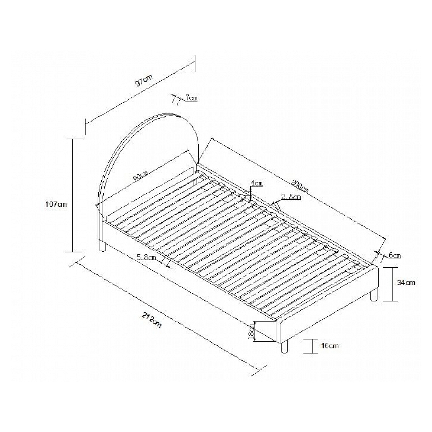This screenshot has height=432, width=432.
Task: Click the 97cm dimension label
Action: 144,80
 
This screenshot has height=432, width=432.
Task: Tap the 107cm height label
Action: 56,204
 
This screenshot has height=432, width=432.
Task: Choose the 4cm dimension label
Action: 256,183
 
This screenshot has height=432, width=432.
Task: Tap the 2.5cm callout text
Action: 291,197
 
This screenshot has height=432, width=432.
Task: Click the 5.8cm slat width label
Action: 146,257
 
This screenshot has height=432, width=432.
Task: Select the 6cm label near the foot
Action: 395,255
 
